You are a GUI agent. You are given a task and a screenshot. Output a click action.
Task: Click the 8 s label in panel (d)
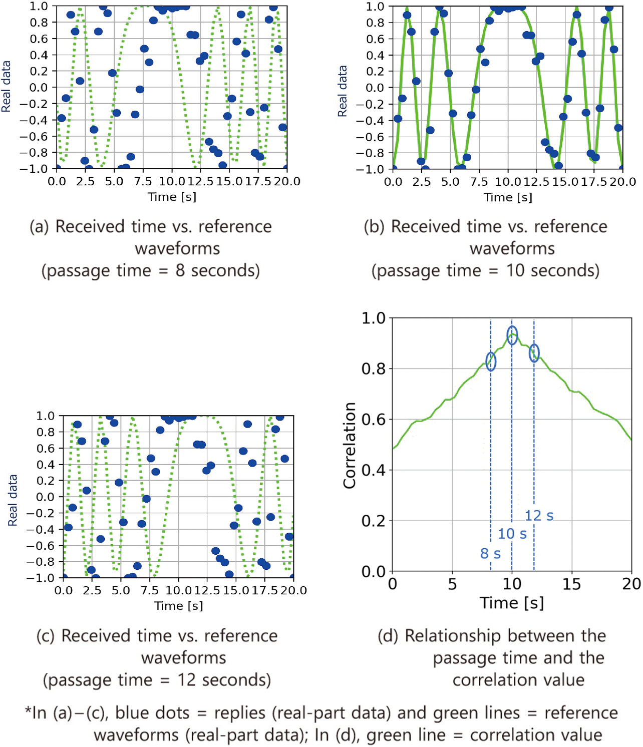coord(490,553)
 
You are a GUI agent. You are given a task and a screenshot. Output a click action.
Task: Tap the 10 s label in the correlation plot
coord(512,534)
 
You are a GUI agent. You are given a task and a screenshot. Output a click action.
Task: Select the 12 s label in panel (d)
coord(539,516)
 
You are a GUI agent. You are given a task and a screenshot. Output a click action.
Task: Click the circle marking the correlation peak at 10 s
coord(512,335)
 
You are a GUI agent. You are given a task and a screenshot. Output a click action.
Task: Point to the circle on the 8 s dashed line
coord(491,361)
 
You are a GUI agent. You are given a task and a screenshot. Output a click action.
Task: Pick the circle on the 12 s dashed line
coord(534,353)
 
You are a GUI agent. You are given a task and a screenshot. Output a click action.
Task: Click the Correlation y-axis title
coord(350,445)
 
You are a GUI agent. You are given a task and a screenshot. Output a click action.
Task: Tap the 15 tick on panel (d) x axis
coord(571,584)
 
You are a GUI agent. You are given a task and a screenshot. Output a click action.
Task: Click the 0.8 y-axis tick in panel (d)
coord(373,369)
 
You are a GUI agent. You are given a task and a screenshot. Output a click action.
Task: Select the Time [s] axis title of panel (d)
coord(512,603)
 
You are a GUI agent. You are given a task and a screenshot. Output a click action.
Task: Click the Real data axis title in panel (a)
coord(6,87)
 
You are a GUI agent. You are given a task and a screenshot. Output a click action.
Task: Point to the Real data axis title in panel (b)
coord(343,91)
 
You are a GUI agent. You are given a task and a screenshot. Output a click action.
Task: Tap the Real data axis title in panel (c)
coord(13,500)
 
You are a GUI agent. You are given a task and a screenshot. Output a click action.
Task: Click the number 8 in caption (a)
coord(180,271)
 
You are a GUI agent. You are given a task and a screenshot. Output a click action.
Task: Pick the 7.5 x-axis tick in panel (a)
coord(143,181)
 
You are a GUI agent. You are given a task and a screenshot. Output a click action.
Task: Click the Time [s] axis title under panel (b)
coord(508,197)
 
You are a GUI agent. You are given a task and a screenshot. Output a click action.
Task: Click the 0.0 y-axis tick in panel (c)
coord(45,497)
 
